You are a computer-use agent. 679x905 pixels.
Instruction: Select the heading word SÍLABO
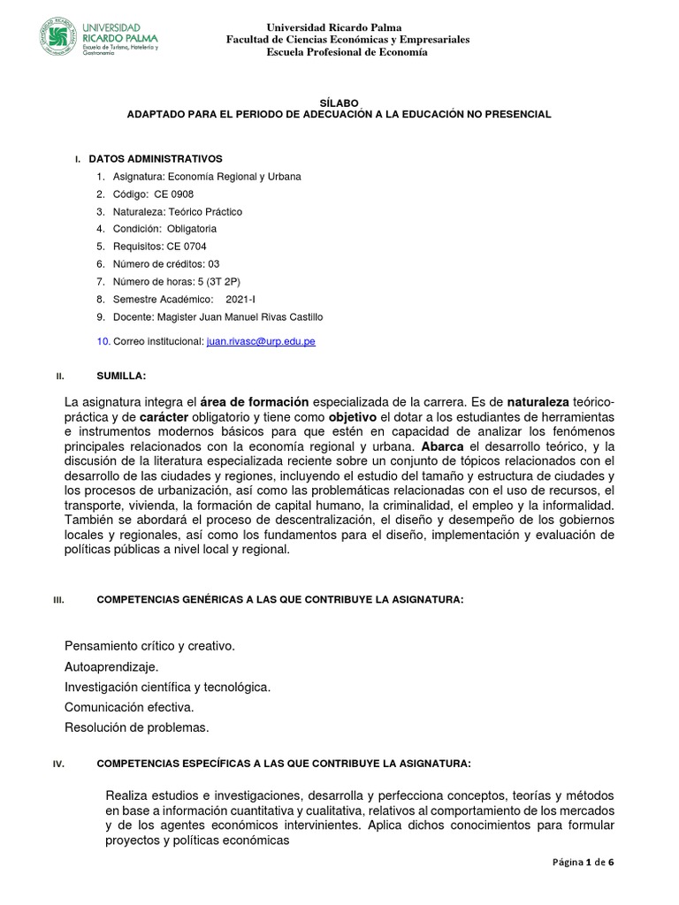tap(339, 103)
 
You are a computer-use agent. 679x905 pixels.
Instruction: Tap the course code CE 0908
tap(173, 194)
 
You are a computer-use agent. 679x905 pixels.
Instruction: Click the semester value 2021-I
tap(240, 300)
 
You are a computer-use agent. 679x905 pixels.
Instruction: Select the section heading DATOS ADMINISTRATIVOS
tap(156, 158)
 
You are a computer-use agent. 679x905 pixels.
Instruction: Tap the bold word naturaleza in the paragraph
tap(544, 402)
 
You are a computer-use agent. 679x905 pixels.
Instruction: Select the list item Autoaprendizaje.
tap(111, 666)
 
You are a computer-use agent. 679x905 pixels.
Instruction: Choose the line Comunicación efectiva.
tap(129, 707)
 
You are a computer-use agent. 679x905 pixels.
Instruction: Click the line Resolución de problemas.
tap(137, 727)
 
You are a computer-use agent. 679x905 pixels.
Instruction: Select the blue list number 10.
tap(102, 341)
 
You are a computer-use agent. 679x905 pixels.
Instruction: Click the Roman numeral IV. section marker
tap(60, 764)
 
